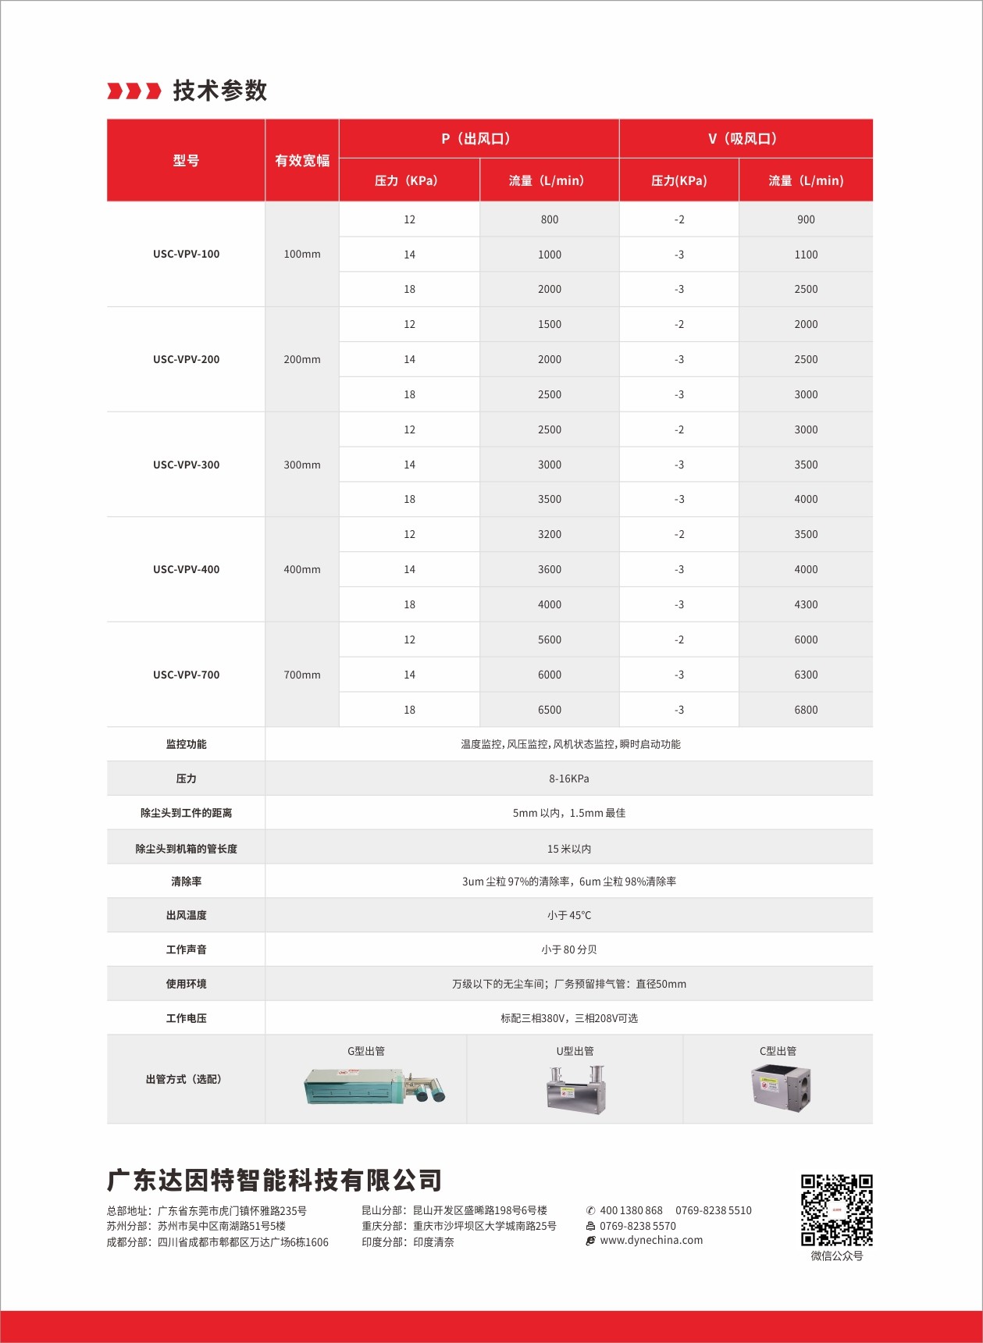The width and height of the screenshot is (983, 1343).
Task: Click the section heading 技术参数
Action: pyautogui.click(x=219, y=91)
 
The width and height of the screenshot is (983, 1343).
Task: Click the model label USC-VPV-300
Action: pyautogui.click(x=186, y=465)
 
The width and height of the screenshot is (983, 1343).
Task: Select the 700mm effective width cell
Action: pyautogui.click(x=302, y=675)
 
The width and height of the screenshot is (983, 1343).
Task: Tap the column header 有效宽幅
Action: pyautogui.click(x=302, y=161)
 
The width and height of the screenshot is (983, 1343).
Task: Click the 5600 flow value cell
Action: pyautogui.click(x=549, y=639)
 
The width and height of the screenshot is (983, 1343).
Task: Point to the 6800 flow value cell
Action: pyautogui.click(x=806, y=710)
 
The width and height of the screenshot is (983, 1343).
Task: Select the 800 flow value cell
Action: pyautogui.click(x=549, y=219)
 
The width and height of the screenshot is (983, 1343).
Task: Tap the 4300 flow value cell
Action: pyautogui.click(x=806, y=604)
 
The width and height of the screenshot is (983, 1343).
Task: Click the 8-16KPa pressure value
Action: pyautogui.click(x=568, y=778)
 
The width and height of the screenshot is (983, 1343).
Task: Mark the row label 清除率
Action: pyautogui.click(x=186, y=882)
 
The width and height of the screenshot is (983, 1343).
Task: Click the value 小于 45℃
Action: pyautogui.click(x=568, y=915)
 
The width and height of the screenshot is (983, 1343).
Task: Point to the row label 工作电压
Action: pyautogui.click(x=186, y=1018)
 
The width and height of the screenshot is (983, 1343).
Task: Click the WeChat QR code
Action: pyautogui.click(x=836, y=1209)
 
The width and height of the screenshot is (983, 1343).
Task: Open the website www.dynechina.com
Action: pyautogui.click(x=651, y=1240)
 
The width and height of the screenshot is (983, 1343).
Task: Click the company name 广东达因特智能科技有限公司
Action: pyautogui.click(x=274, y=1180)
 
